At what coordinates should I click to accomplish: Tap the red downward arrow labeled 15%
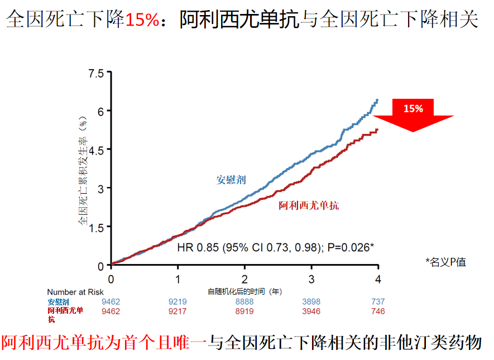click(x=413, y=114)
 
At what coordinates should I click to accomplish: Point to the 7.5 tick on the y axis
click(x=96, y=73)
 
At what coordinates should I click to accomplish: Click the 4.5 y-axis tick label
click(x=96, y=150)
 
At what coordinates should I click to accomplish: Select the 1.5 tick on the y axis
click(x=96, y=227)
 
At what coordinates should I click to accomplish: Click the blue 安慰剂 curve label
click(x=231, y=180)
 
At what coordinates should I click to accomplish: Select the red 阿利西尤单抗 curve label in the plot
click(x=309, y=205)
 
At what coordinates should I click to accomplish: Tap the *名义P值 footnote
click(x=445, y=261)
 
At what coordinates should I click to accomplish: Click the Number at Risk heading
click(x=75, y=292)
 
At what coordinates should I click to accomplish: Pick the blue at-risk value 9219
click(x=178, y=301)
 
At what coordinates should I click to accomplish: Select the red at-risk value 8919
click(x=244, y=311)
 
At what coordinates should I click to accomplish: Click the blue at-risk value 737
click(x=378, y=301)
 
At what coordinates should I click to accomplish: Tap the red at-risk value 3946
click(x=311, y=311)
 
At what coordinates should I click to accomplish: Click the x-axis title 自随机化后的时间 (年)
click(x=244, y=291)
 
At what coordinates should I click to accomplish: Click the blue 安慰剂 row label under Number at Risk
click(x=58, y=302)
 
